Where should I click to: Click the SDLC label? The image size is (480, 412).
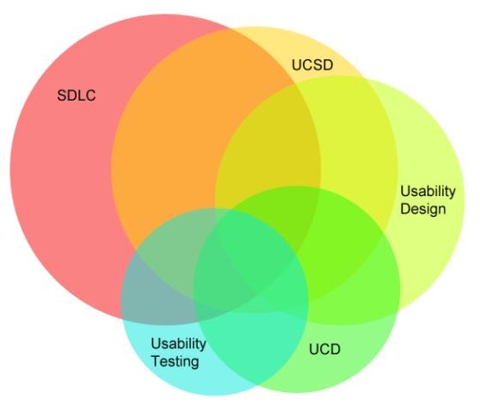(77, 95)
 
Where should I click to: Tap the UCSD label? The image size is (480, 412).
(312, 65)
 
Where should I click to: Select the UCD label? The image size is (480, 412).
(324, 349)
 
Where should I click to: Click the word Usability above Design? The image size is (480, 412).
(428, 192)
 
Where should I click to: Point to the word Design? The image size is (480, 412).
(423, 209)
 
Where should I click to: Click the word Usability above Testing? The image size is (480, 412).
(178, 344)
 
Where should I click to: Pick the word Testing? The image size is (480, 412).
(175, 361)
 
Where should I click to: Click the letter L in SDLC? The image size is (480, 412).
(81, 95)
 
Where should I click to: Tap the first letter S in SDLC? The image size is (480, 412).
(62, 95)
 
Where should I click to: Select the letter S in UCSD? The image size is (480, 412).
(317, 65)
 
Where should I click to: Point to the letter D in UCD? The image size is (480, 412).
(335, 349)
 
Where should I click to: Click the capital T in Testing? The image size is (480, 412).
(156, 361)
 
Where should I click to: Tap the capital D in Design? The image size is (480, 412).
(406, 209)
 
